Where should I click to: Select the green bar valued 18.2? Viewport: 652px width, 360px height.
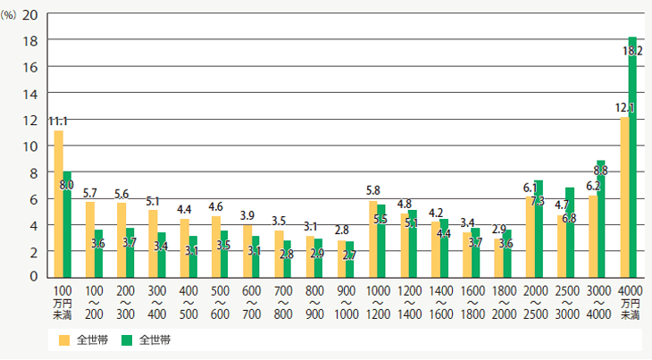(632, 156)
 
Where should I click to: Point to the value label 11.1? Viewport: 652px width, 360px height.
(58, 121)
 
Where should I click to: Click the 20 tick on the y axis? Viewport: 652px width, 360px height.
(29, 15)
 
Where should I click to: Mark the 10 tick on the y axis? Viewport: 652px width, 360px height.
(29, 147)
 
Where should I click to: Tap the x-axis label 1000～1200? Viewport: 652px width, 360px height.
(379, 303)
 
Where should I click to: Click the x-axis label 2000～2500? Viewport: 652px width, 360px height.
(536, 303)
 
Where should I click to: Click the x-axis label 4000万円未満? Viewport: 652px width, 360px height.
(630, 303)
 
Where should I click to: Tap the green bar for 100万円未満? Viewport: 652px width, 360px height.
(67, 223)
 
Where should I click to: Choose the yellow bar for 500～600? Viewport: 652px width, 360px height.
(215, 247)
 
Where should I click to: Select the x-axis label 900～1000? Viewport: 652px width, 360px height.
(347, 303)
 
